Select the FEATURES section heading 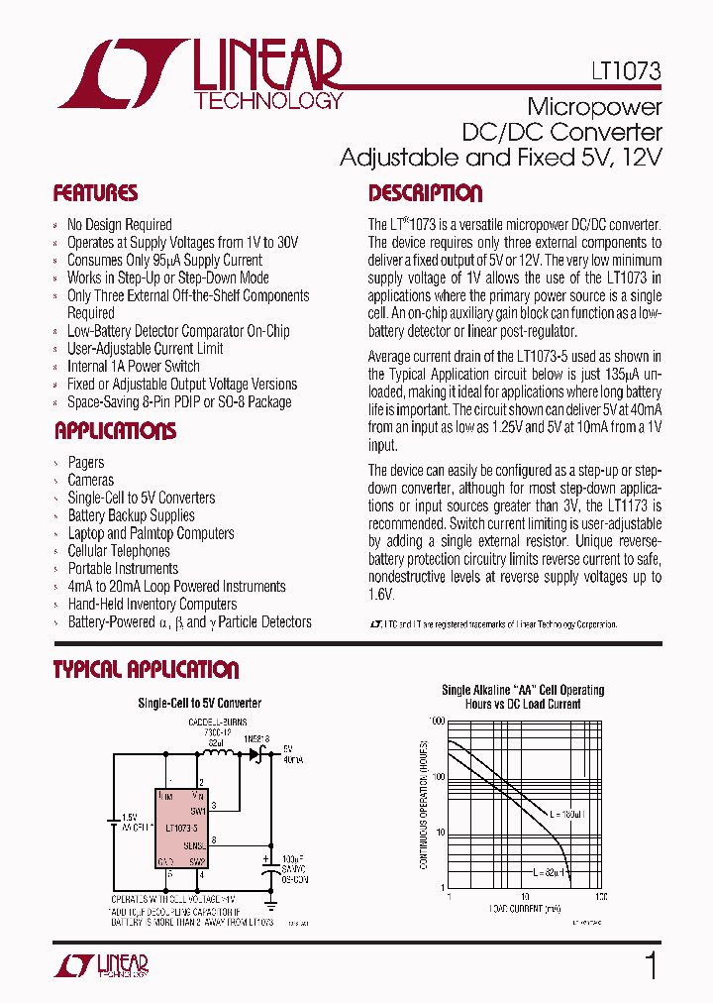pos(95,193)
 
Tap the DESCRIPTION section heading pos(425,193)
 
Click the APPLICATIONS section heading pos(115,431)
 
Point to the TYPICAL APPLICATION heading pos(146,670)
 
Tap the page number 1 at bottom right pos(651,966)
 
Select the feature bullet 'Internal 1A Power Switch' pos(133,367)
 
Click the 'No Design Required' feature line pos(119,225)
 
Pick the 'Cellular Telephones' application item pos(119,551)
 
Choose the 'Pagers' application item pos(85,463)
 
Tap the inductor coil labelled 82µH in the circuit pos(219,755)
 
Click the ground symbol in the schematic pos(267,905)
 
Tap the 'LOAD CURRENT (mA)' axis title pos(524,908)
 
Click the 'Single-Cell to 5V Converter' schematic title pos(198,704)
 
